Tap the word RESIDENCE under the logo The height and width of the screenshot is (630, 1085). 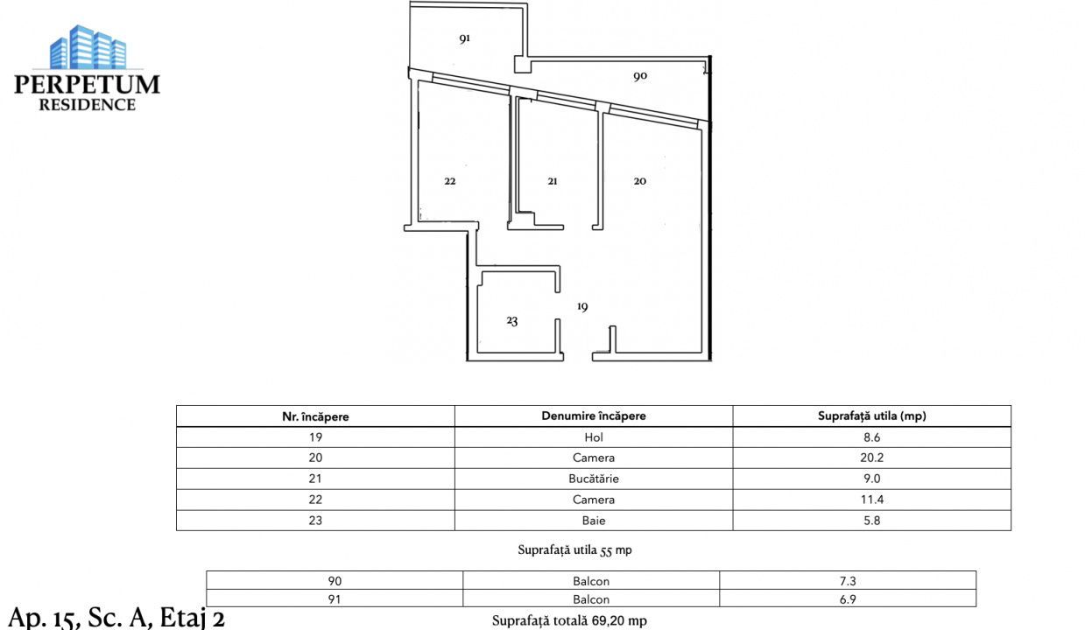[x=88, y=105]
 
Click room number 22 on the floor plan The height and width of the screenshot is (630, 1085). [x=450, y=181]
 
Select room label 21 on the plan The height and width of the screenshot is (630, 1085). [x=552, y=181]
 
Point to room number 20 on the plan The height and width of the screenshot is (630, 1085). [x=640, y=181]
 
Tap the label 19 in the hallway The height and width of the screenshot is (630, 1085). [x=582, y=306]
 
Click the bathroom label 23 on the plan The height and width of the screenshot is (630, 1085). [x=512, y=321]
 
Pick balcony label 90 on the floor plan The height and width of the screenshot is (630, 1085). [x=640, y=76]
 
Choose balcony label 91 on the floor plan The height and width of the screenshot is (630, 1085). [x=465, y=38]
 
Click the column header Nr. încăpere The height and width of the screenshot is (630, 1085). [x=315, y=416]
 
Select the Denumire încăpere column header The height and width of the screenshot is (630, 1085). [x=594, y=416]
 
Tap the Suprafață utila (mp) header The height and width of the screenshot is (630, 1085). [x=871, y=416]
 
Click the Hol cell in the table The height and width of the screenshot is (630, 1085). [x=594, y=437]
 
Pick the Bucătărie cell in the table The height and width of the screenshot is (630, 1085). [x=594, y=479]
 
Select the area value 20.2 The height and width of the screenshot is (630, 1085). [x=871, y=458]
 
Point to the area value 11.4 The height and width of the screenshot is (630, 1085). [x=871, y=500]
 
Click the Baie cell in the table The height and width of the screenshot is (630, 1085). [x=594, y=521]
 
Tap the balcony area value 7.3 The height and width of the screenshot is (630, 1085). [x=848, y=581]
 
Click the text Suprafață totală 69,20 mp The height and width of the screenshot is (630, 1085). [x=569, y=620]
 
